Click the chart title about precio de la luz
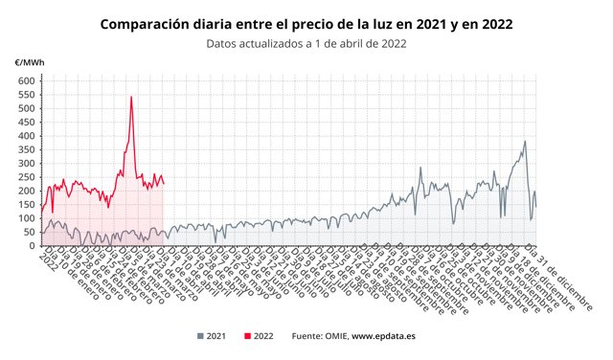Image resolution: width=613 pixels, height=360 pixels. (306, 23)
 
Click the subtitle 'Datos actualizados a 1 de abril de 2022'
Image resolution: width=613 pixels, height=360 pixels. (306, 43)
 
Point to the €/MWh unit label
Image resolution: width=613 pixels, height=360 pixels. (29, 63)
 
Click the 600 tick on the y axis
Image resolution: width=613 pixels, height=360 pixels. (26, 81)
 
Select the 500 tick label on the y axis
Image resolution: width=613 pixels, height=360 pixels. (26, 109)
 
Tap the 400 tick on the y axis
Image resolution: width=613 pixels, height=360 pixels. (26, 136)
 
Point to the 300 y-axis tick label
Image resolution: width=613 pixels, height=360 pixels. (26, 164)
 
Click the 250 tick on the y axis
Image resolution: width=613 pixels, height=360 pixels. (26, 177)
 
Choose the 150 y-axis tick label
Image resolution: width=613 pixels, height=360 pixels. (26, 205)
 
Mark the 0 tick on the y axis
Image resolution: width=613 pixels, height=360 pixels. (32, 246)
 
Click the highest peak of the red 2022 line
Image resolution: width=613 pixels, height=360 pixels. (131, 97)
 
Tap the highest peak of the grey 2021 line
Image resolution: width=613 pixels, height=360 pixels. (525, 142)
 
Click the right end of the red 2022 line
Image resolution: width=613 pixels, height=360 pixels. (164, 184)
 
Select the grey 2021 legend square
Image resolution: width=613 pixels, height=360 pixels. (201, 336)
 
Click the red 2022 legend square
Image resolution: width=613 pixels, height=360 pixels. (248, 336)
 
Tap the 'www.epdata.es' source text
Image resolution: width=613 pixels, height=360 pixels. (384, 336)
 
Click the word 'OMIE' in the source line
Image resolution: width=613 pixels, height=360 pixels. (332, 336)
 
